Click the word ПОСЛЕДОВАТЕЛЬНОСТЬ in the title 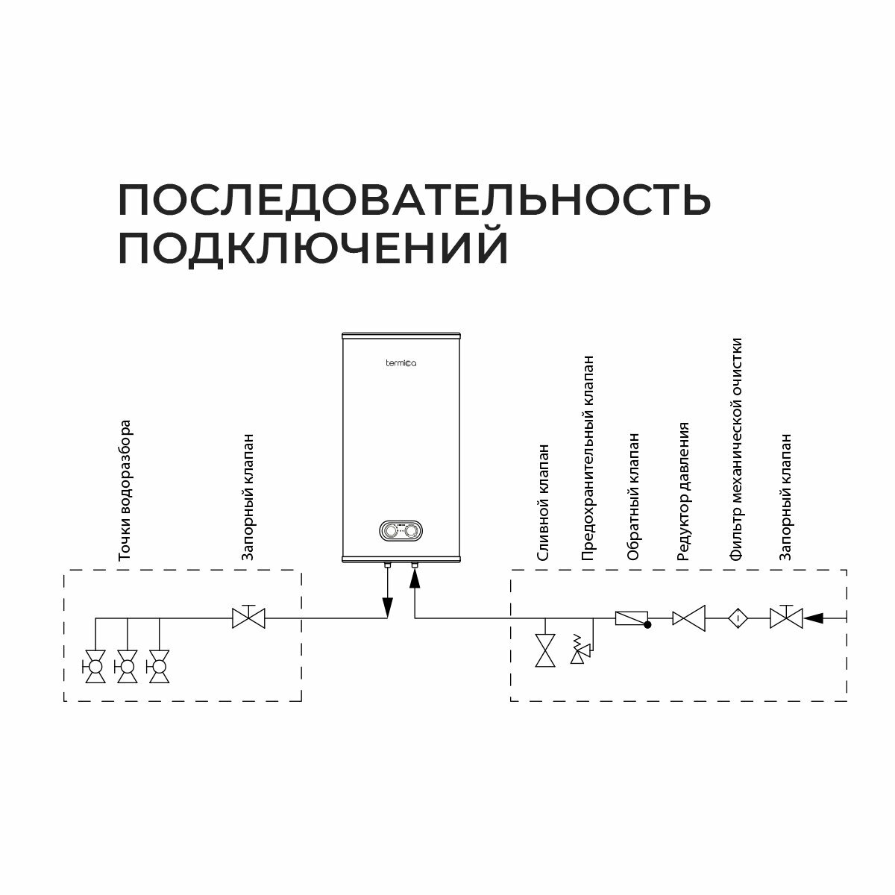pyautogui.click(x=414, y=199)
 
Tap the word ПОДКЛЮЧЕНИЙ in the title pyautogui.click(x=313, y=248)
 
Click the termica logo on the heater pyautogui.click(x=401, y=363)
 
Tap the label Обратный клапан pyautogui.click(x=633, y=497)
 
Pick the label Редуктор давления pyautogui.click(x=682, y=491)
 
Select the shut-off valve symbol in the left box pyautogui.click(x=249, y=617)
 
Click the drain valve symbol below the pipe pyautogui.click(x=547, y=650)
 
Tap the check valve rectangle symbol pyautogui.click(x=630, y=618)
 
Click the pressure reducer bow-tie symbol pyautogui.click(x=689, y=618)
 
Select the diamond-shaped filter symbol pyautogui.click(x=737, y=618)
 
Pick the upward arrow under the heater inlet pyautogui.click(x=414, y=582)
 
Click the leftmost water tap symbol pyautogui.click(x=95, y=666)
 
